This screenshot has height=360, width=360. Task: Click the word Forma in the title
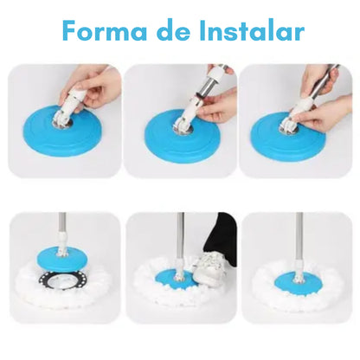point(105,31)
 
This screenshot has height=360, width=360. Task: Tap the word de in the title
point(173,30)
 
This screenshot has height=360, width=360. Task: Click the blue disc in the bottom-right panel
point(297,283)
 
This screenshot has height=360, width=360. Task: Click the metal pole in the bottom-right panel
point(299,237)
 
